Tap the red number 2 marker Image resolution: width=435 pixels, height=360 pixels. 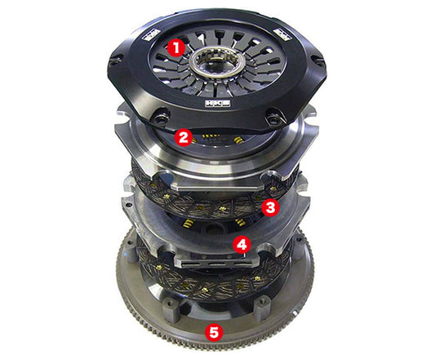(x=184, y=138)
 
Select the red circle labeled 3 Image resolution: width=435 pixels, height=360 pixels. (x=271, y=207)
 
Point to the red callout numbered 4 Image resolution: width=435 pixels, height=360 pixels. (x=241, y=243)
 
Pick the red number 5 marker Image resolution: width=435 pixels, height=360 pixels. (x=215, y=332)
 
